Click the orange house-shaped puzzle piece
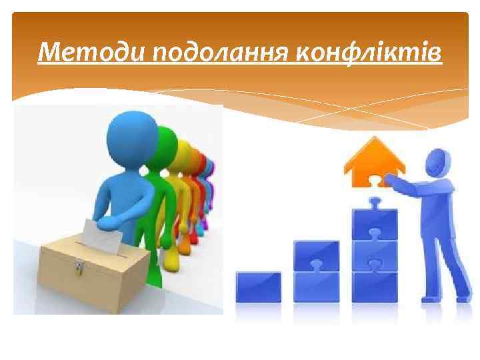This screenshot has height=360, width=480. (370, 164)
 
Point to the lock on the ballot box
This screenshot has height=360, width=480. (79, 267)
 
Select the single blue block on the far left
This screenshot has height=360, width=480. (258, 287)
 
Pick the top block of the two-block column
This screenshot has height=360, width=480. (317, 256)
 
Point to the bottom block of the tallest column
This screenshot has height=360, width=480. (374, 285)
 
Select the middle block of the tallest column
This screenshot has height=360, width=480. (374, 254)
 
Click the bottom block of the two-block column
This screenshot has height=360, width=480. (317, 286)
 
